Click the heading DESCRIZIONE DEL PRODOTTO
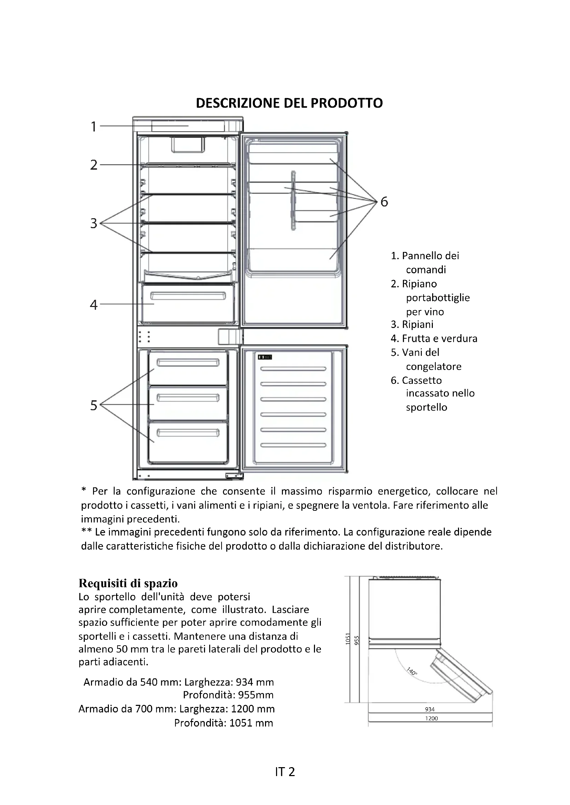(x=289, y=103)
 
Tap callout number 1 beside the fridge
(x=93, y=126)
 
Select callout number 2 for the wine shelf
(x=93, y=165)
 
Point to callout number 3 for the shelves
(x=93, y=223)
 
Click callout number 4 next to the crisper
(x=93, y=305)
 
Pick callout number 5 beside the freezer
(x=93, y=405)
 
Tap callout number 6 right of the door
(x=384, y=202)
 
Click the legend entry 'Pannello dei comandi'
(x=425, y=263)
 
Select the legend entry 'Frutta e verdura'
(x=434, y=338)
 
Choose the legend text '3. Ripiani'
(x=412, y=324)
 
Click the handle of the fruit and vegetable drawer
(x=188, y=296)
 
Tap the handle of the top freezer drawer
(x=188, y=362)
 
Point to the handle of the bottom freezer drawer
(x=188, y=433)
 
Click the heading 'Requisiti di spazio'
(x=128, y=583)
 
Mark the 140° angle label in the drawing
(x=412, y=671)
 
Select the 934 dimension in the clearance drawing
(x=430, y=709)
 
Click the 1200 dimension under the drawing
(x=431, y=718)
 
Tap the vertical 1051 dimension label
(x=348, y=639)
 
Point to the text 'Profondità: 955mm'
(x=228, y=695)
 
